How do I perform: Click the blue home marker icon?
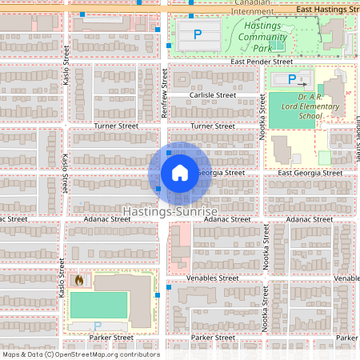point(179,172)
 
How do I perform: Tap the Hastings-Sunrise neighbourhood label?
point(170,210)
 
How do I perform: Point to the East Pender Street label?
point(262,61)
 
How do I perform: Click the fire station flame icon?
point(78,280)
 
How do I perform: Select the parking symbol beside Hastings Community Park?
point(197,35)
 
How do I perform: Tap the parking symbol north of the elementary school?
point(292,80)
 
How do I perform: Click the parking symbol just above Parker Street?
point(98,326)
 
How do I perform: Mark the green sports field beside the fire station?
point(98,304)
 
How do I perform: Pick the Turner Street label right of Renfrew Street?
point(212,126)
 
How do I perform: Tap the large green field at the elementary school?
point(286,110)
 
